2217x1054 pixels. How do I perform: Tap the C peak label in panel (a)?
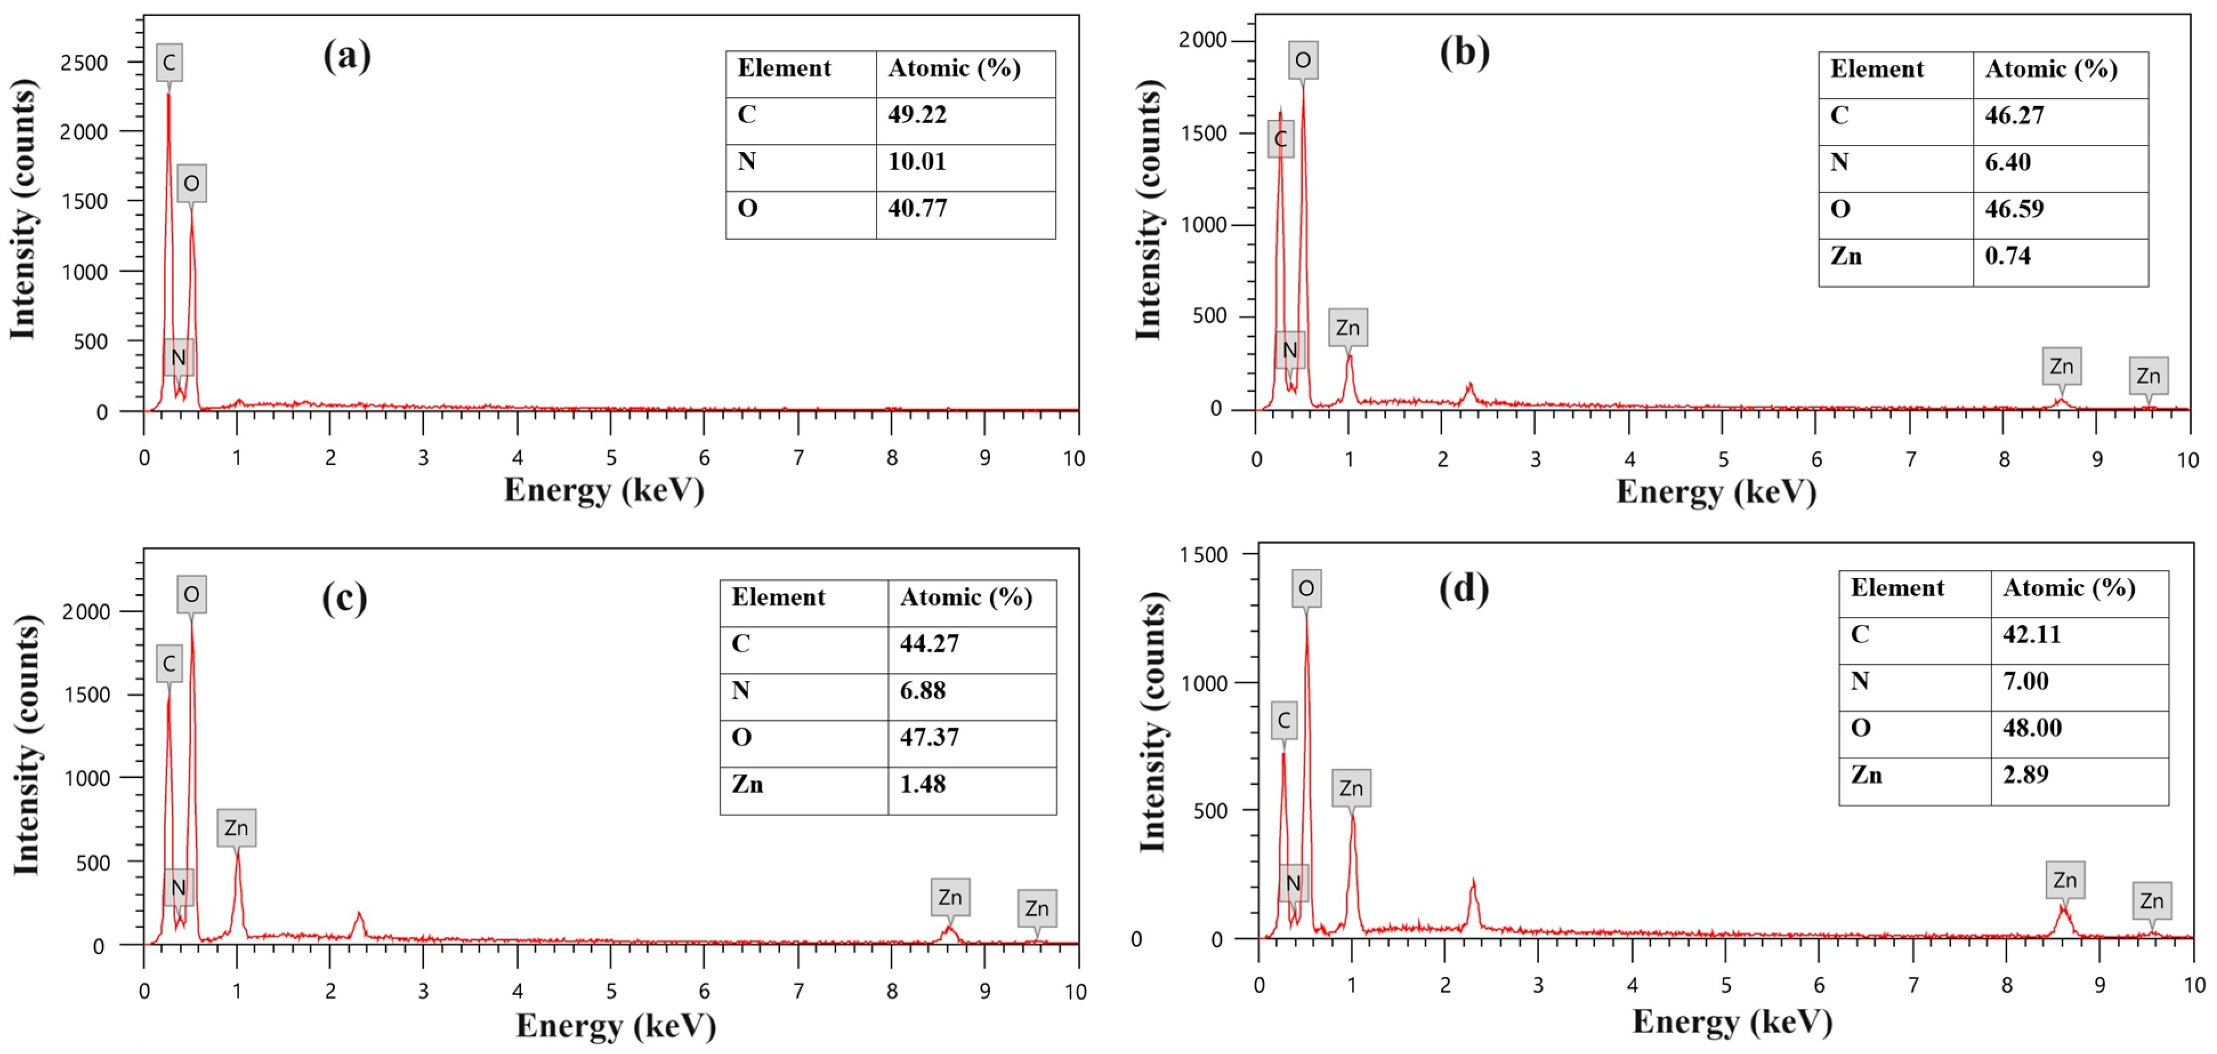169,63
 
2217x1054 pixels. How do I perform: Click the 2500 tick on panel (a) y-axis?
83,63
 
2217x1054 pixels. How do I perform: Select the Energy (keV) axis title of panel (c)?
615,1025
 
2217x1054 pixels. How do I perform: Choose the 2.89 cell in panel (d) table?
2025,774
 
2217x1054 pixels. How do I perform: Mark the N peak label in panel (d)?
1293,883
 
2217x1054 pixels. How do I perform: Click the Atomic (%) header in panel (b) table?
2051,70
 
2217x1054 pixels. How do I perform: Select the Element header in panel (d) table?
1897,588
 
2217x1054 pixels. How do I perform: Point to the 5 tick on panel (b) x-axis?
1723,459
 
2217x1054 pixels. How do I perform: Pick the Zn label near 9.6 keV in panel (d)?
2151,901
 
